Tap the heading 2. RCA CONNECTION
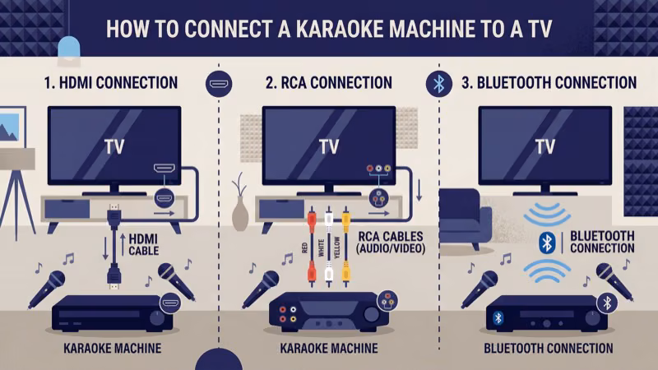[x=329, y=83]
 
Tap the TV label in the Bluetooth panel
[x=545, y=146]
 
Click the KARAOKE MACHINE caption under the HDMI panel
[x=112, y=349]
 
